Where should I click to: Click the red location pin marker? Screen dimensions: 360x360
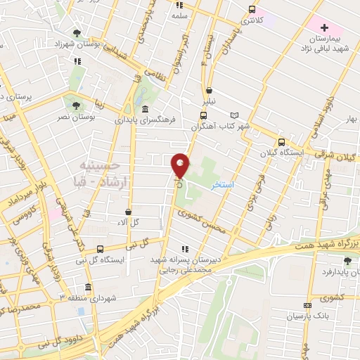pos(180,165)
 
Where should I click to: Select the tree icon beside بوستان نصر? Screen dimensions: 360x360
pos(76,105)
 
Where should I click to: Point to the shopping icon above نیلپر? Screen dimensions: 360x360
pos(210,90)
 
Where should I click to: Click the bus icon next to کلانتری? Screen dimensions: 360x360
pos(251,10)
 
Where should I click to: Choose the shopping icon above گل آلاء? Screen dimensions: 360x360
pos(128,211)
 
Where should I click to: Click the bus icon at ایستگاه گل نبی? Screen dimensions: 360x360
pos(101,248)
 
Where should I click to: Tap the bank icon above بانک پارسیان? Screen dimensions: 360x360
pos(307,306)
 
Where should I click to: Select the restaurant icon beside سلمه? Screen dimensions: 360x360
pos(179,4)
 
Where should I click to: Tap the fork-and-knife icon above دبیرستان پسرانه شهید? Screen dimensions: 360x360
pos(184,248)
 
